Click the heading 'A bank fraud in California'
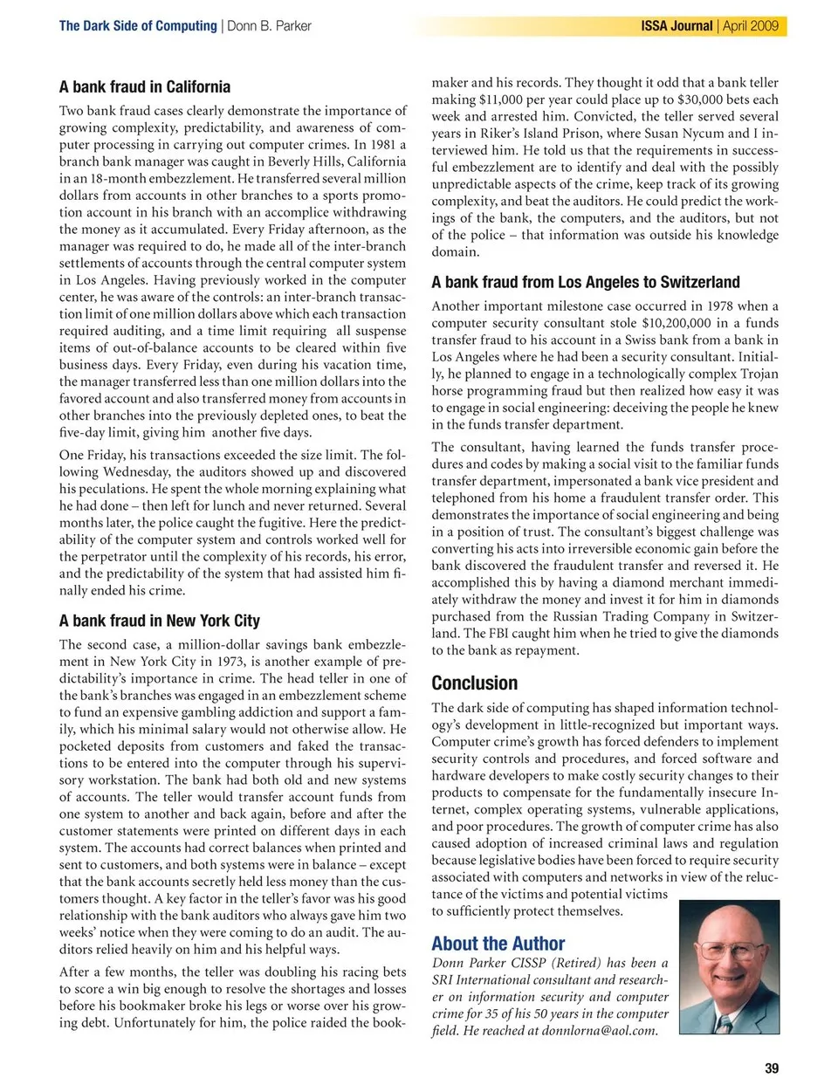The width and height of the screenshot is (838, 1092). pyautogui.click(x=145, y=86)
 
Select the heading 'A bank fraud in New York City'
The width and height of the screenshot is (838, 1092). pyautogui.click(x=160, y=621)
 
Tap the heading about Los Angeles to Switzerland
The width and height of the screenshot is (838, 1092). pyautogui.click(x=585, y=282)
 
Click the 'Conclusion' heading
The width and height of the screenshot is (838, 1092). pyautogui.click(x=474, y=683)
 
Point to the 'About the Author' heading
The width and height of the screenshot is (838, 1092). pyautogui.click(x=498, y=944)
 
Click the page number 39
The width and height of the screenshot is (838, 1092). pyautogui.click(x=772, y=1068)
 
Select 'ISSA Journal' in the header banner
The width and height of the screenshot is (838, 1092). pyautogui.click(x=677, y=26)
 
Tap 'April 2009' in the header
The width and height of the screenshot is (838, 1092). pyautogui.click(x=751, y=26)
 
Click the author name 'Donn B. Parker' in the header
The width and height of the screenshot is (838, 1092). pyautogui.click(x=269, y=26)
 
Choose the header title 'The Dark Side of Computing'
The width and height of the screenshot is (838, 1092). pyautogui.click(x=138, y=26)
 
